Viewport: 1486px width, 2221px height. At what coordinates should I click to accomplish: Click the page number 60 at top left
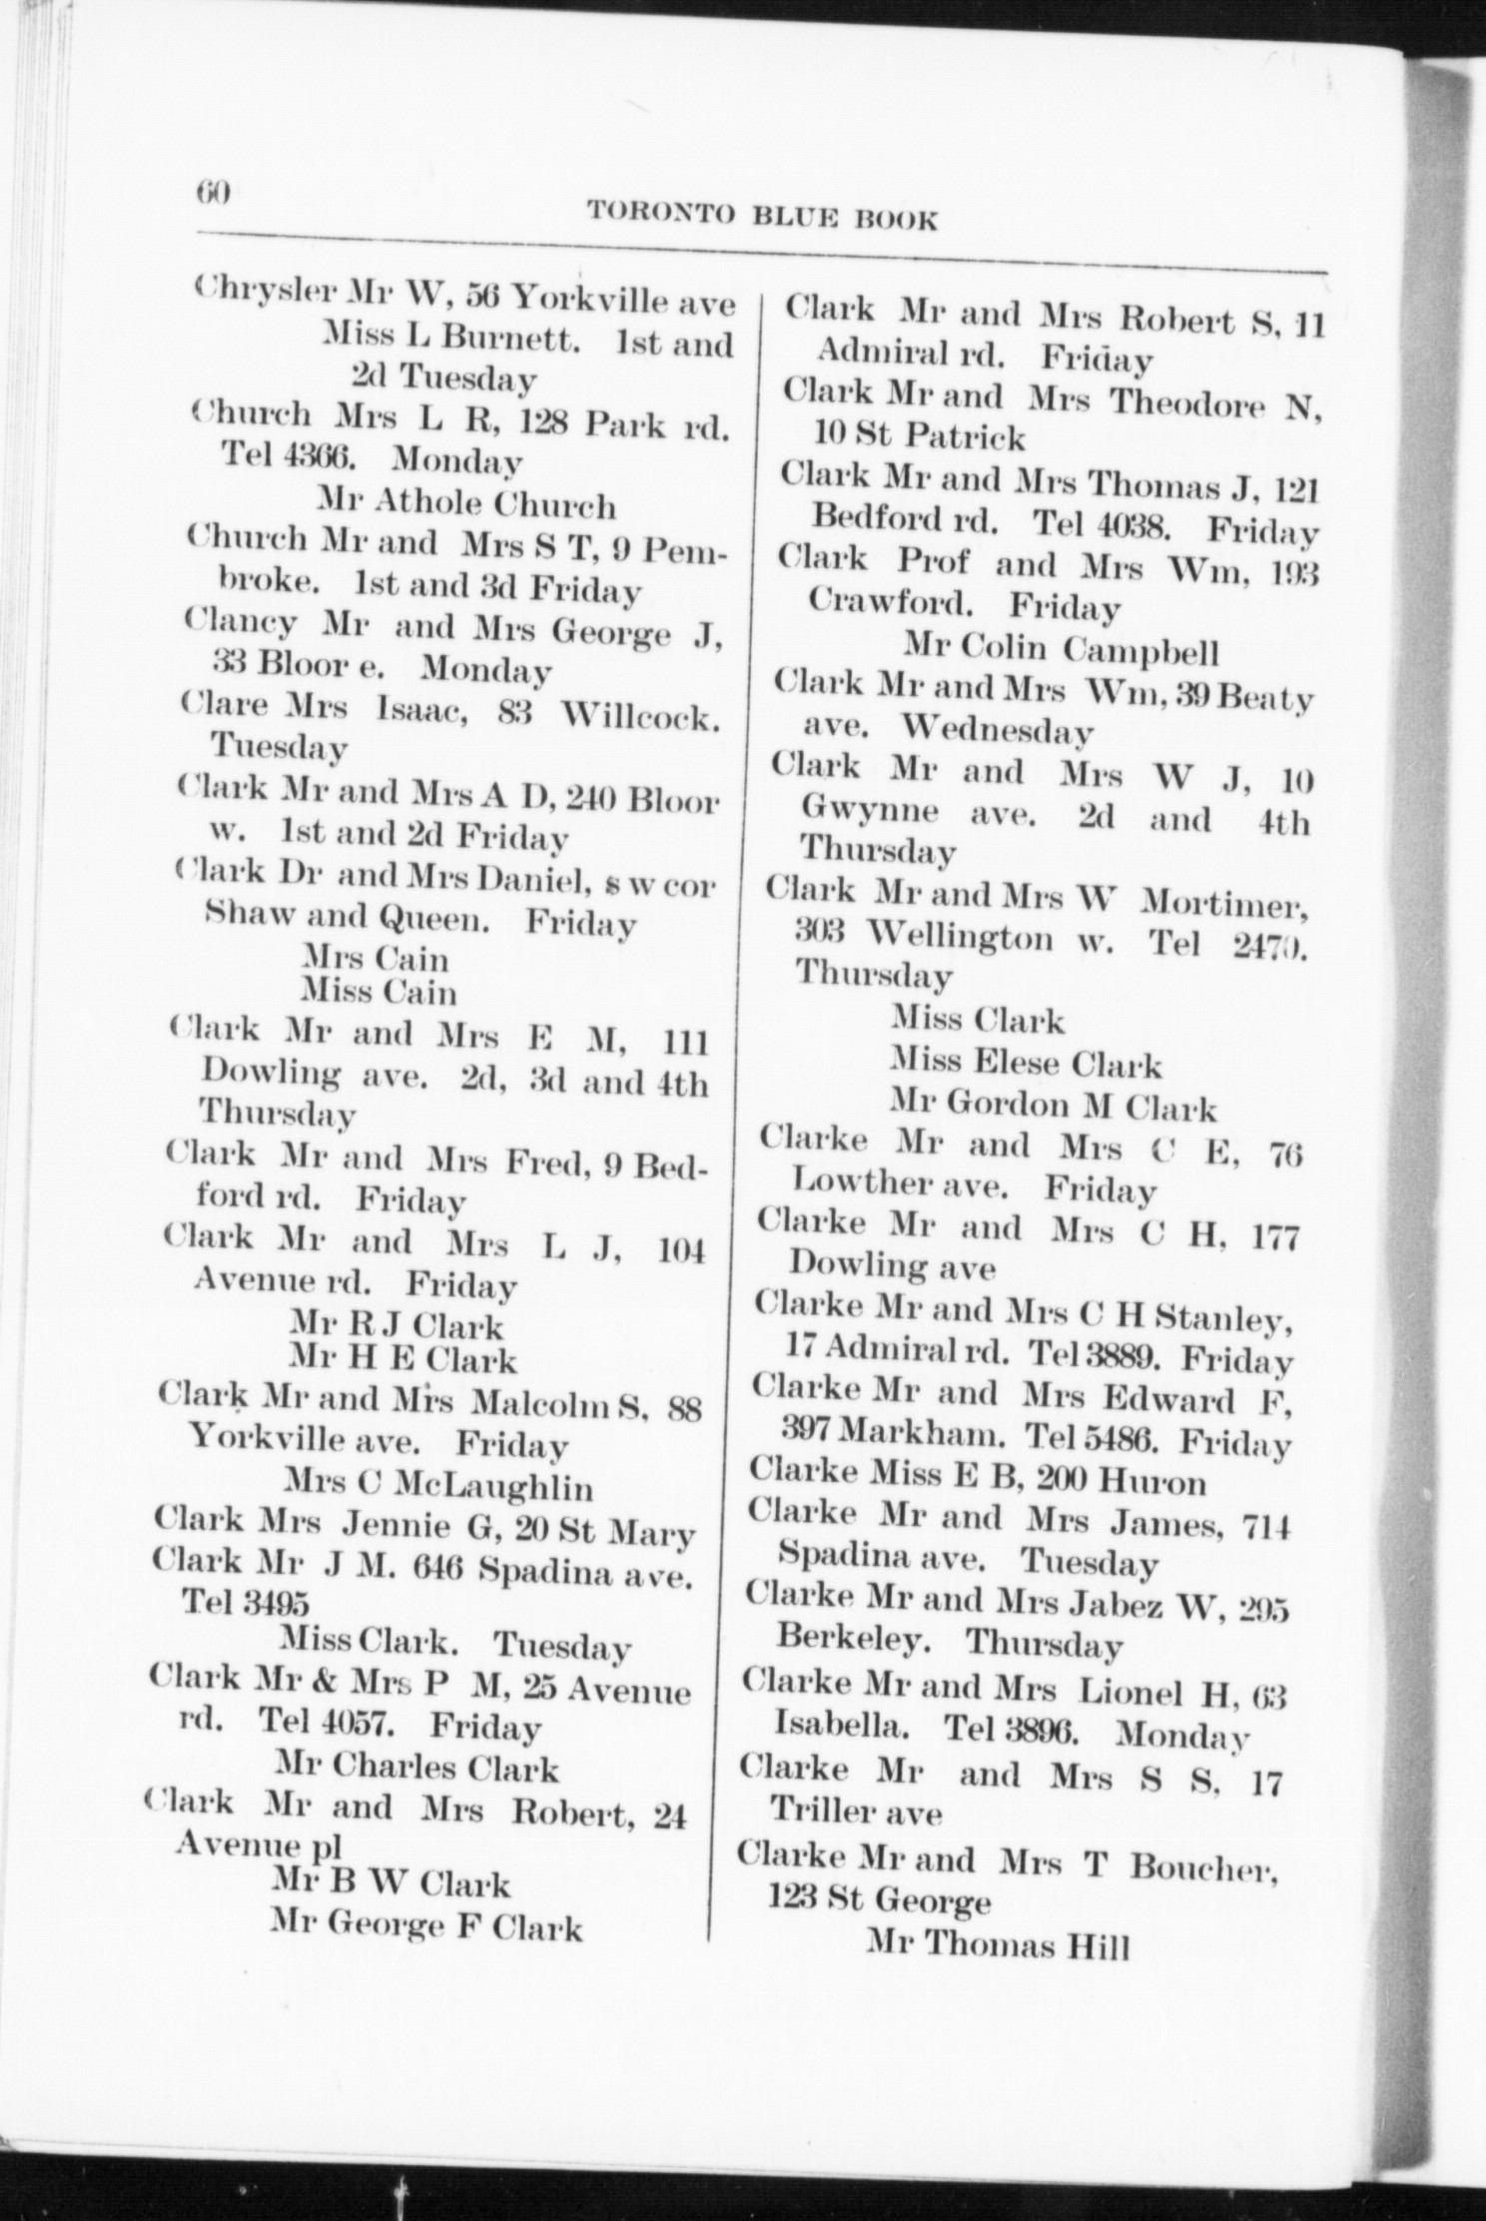click(x=214, y=191)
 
